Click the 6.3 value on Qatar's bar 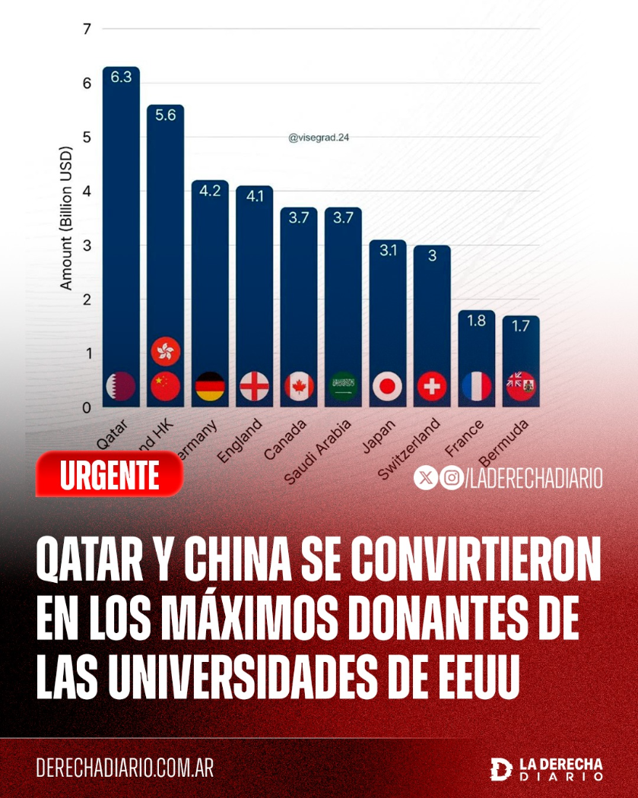click(x=121, y=77)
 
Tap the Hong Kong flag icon click(x=164, y=351)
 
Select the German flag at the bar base click(x=210, y=387)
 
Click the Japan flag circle click(x=388, y=387)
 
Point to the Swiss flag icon click(x=432, y=387)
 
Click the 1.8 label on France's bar click(x=476, y=321)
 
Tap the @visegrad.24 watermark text click(x=319, y=138)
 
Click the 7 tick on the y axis click(x=86, y=30)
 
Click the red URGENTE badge click(x=110, y=475)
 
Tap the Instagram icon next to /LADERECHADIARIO click(x=452, y=478)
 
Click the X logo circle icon click(x=426, y=478)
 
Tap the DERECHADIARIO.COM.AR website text click(x=125, y=768)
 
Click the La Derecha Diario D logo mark click(x=501, y=768)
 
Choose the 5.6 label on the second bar click(x=165, y=116)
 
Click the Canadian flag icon click(x=299, y=387)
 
